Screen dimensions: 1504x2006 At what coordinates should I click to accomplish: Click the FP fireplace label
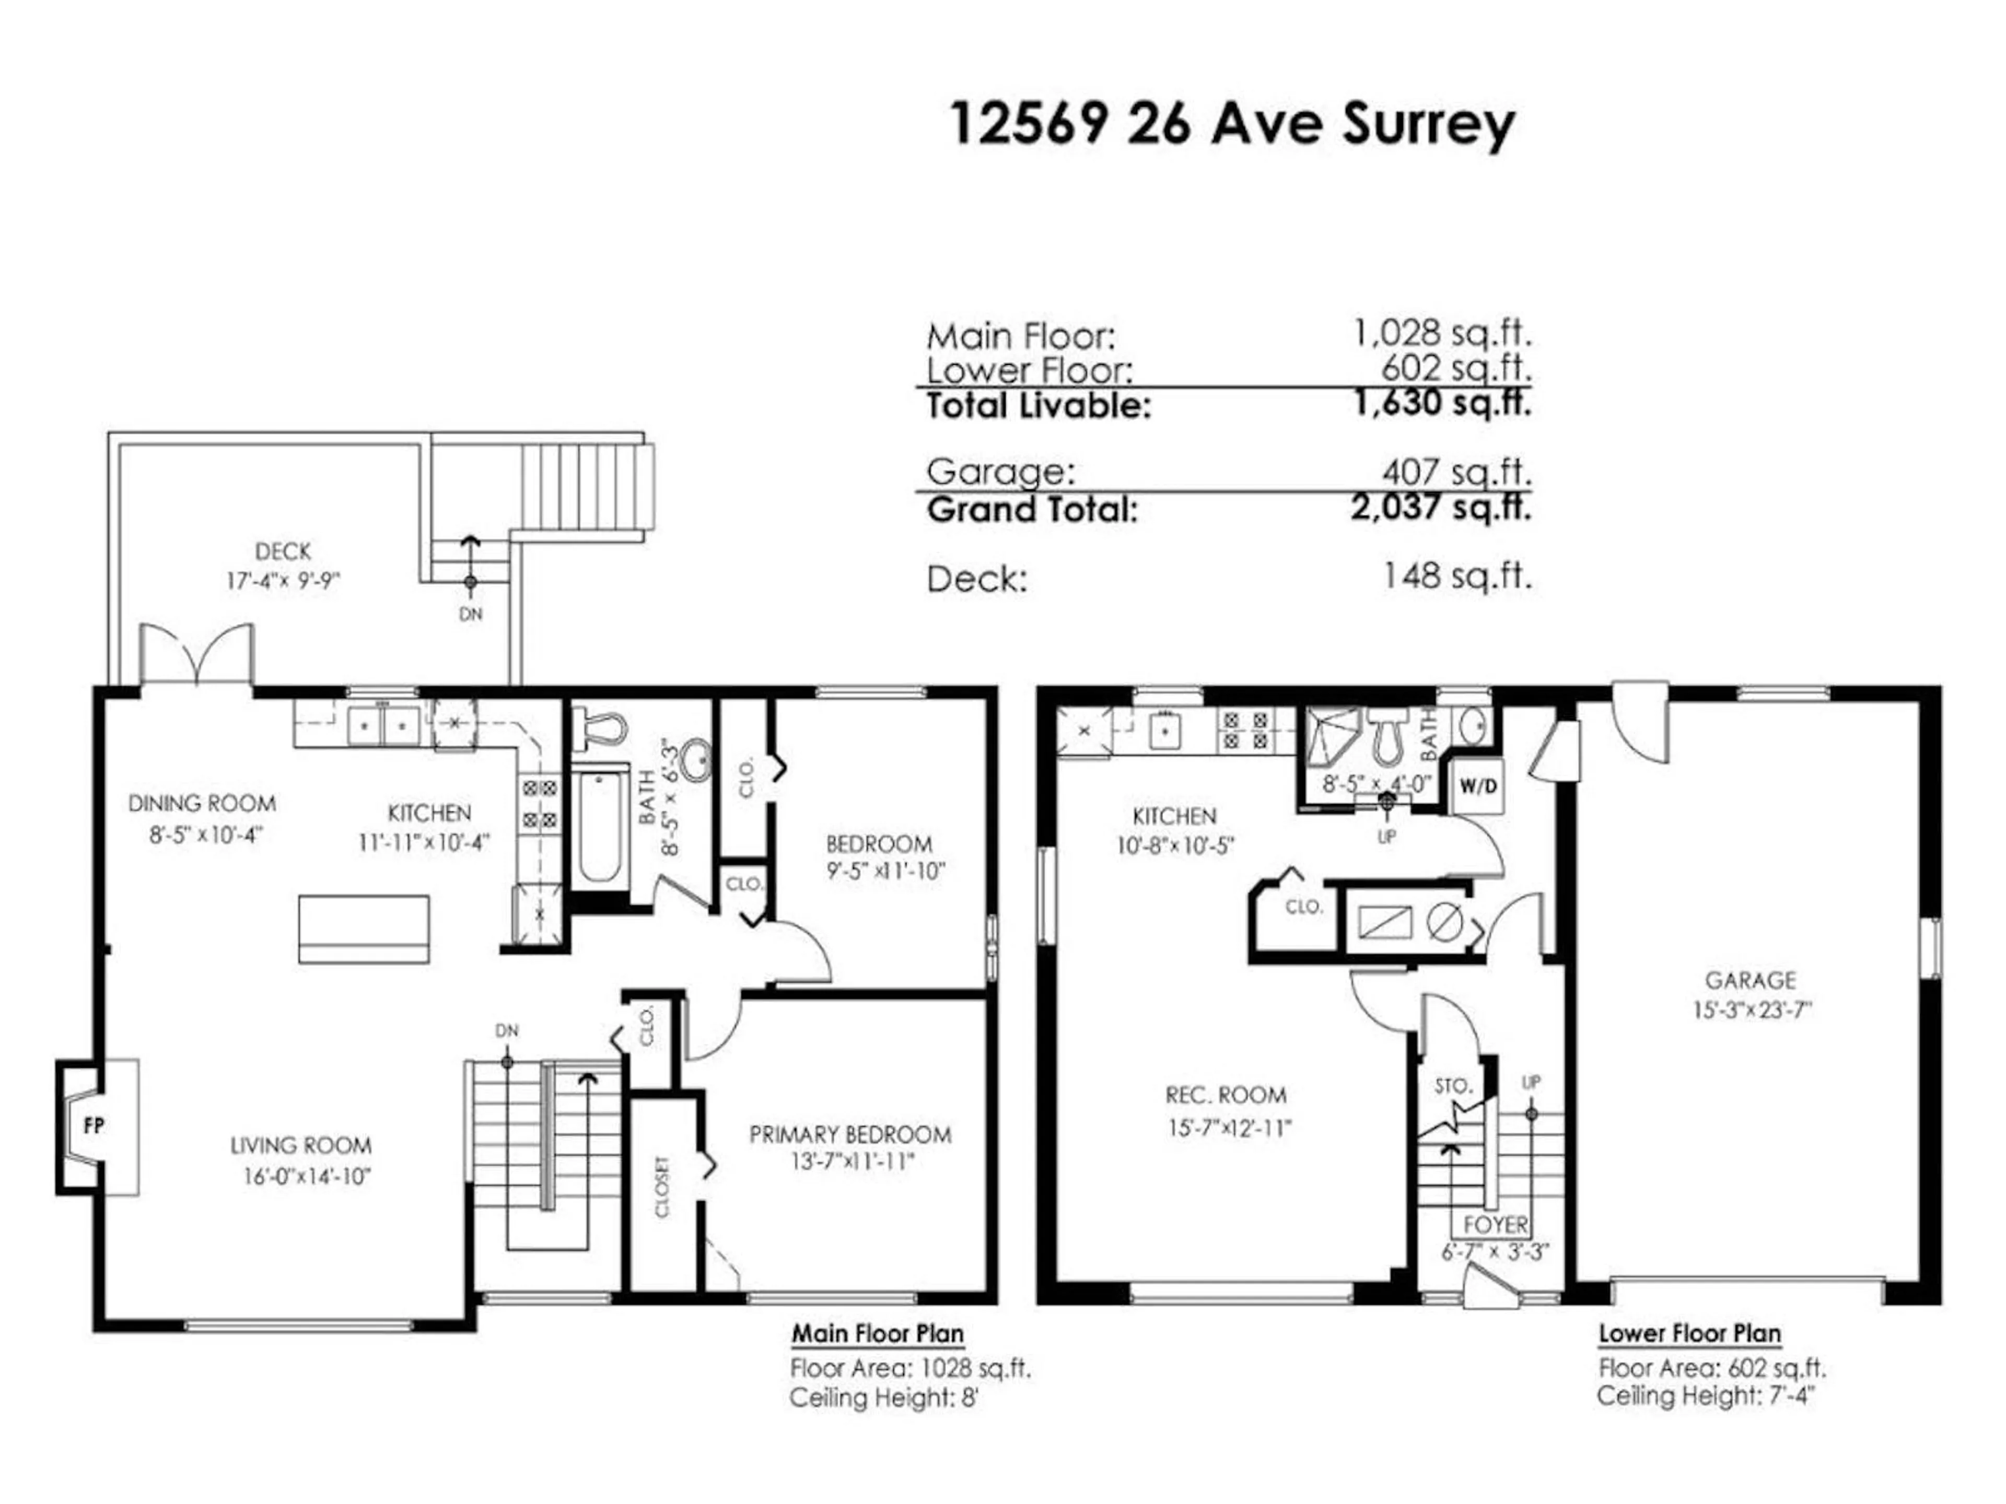click(94, 1126)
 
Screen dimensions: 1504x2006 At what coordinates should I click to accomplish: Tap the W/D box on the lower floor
click(1477, 786)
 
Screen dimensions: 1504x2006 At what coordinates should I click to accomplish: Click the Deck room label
click(283, 551)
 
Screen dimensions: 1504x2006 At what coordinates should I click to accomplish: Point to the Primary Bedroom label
click(850, 1134)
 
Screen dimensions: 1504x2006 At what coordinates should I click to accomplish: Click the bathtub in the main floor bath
click(599, 826)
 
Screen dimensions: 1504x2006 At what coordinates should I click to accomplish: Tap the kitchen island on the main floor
click(364, 929)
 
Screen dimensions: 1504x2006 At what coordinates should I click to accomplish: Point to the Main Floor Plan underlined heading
click(877, 1334)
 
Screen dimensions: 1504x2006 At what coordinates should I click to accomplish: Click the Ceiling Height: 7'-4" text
click(1706, 1396)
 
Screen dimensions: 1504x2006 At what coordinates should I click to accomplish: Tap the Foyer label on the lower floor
click(1496, 1225)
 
